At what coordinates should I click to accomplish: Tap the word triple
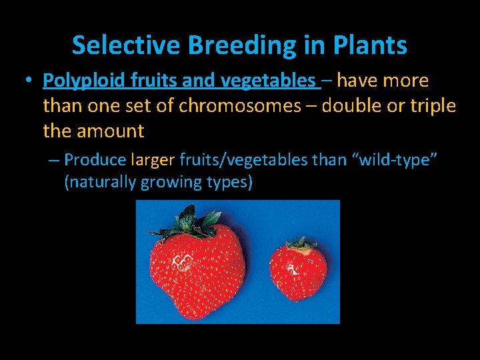[x=429, y=106]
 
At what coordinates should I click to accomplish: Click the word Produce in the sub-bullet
[x=95, y=160]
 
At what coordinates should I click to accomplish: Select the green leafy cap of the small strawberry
[x=301, y=244]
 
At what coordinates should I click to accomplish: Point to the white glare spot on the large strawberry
[x=182, y=263]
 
